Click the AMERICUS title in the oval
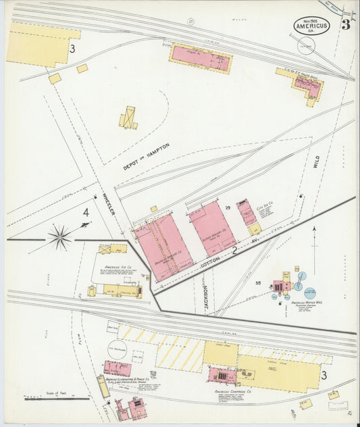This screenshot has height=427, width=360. [x=311, y=27]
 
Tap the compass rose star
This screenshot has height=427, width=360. [x=60, y=237]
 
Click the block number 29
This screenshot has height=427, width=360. [x=228, y=207]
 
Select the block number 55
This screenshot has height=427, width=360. [x=258, y=283]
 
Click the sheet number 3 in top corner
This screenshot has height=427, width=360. [x=345, y=26]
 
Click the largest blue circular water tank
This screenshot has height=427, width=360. [x=300, y=278]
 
